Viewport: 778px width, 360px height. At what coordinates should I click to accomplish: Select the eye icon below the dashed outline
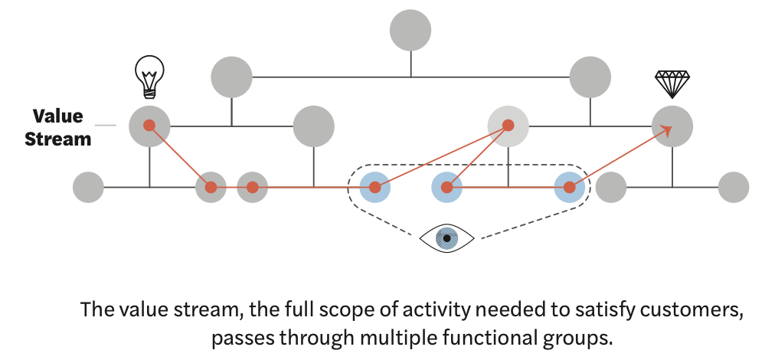click(447, 238)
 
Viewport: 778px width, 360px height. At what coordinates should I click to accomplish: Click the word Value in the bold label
click(57, 116)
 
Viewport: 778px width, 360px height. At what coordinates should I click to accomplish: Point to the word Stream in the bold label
click(57, 139)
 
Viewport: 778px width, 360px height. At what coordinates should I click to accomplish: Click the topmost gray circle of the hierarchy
click(410, 31)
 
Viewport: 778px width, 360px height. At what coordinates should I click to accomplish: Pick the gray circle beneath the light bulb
click(149, 126)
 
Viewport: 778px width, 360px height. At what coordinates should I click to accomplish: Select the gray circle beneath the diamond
click(672, 126)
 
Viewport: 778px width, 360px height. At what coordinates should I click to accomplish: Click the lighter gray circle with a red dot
click(508, 126)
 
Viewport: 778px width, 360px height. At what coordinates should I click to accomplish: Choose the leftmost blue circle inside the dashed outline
click(375, 187)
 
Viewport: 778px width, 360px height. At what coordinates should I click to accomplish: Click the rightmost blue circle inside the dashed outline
click(570, 187)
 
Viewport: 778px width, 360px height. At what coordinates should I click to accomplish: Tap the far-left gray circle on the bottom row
click(88, 187)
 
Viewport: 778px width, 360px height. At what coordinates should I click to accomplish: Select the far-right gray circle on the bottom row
click(734, 187)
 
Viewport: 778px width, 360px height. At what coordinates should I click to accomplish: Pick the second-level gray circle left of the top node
click(231, 77)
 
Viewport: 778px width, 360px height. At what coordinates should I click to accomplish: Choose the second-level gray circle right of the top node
click(590, 77)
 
